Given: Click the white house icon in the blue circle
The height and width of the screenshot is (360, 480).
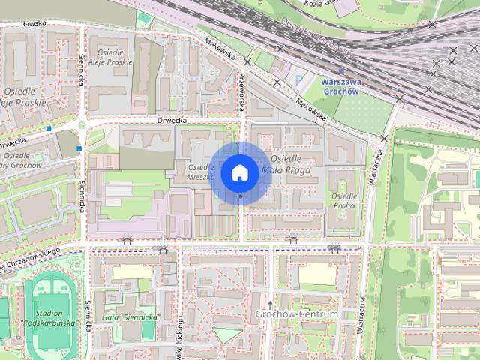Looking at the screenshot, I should [x=239, y=172].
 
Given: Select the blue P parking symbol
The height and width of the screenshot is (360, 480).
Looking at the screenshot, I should [x=301, y=78].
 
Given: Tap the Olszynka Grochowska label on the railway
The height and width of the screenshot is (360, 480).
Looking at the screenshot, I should [x=316, y=37].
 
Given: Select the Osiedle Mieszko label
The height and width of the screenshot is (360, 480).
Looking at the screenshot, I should [x=202, y=172].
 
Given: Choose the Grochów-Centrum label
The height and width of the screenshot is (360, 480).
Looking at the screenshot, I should [x=297, y=313].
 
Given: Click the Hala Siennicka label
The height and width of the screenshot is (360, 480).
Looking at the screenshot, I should [x=130, y=317].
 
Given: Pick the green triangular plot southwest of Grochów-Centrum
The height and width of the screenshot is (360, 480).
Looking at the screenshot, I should [x=227, y=334].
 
